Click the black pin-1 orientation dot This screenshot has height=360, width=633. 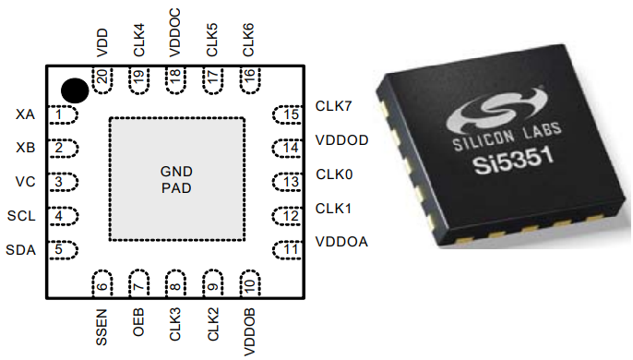click(x=75, y=90)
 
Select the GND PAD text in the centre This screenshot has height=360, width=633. click(x=176, y=180)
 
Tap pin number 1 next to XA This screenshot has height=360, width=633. click(x=61, y=114)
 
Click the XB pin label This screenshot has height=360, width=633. click(x=25, y=148)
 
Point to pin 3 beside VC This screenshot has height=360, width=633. click(x=61, y=182)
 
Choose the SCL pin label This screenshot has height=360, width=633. click(x=21, y=216)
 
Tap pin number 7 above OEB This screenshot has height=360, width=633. click(x=138, y=282)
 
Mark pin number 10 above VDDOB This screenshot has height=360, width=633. click(x=247, y=283)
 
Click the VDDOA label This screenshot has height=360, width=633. click(x=341, y=241)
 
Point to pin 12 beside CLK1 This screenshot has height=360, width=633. click(x=292, y=216)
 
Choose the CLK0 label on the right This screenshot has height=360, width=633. click(x=334, y=174)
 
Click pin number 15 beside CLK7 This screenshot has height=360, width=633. click(x=292, y=114)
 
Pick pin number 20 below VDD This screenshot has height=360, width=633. click(x=102, y=79)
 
